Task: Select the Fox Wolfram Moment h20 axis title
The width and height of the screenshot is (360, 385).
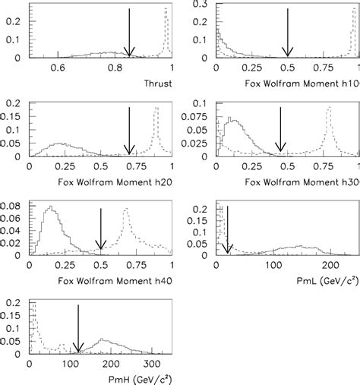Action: pos(115,181)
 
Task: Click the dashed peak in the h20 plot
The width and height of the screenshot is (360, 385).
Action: pos(156,108)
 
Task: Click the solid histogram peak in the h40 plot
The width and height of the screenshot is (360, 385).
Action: pos(50,207)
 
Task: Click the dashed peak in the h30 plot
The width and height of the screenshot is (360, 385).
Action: pos(328,108)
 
